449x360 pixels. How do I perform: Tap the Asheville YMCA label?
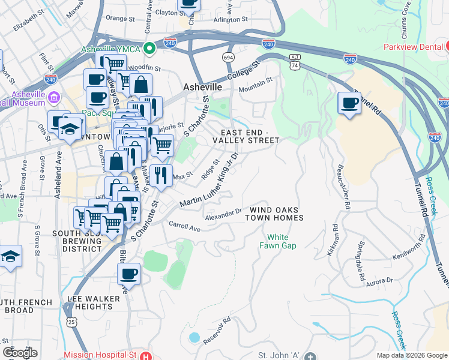tap(113, 49)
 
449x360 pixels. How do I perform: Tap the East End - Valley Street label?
tap(249, 136)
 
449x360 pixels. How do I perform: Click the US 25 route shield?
tap(71, 324)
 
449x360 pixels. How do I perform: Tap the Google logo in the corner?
tap(20, 352)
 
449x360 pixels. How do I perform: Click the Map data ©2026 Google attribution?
tap(412, 355)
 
